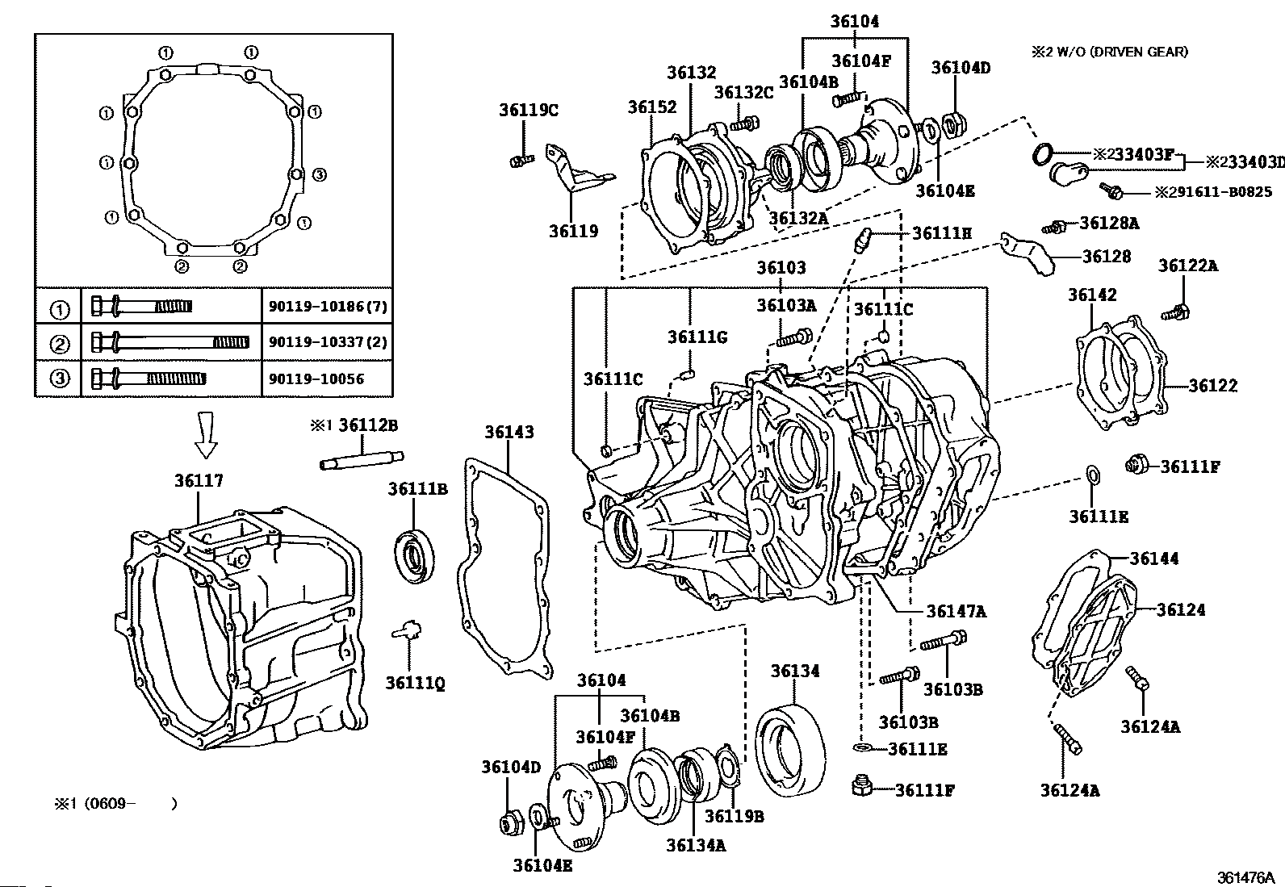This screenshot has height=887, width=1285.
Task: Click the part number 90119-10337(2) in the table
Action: tap(328, 342)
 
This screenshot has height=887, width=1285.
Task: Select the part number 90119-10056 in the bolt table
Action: tap(316, 379)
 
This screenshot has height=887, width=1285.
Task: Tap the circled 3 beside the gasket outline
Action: tap(319, 174)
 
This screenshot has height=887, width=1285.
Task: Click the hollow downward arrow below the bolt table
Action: tap(206, 434)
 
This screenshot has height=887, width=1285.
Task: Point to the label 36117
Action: tap(199, 481)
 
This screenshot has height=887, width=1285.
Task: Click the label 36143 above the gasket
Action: tap(509, 432)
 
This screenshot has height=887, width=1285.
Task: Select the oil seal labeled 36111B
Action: tap(414, 558)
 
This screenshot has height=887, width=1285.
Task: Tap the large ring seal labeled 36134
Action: tap(790, 751)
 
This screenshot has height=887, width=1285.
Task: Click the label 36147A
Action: tap(956, 612)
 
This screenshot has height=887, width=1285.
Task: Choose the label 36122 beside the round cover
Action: tap(1212, 386)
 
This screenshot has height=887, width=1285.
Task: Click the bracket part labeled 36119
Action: tap(576, 169)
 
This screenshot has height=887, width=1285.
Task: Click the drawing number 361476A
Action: tap(1245, 878)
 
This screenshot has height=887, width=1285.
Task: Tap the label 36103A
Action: tap(786, 305)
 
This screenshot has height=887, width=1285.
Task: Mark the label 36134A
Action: tap(696, 845)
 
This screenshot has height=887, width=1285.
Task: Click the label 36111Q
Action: tap(415, 684)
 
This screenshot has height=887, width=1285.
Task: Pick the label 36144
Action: tap(1153, 559)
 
